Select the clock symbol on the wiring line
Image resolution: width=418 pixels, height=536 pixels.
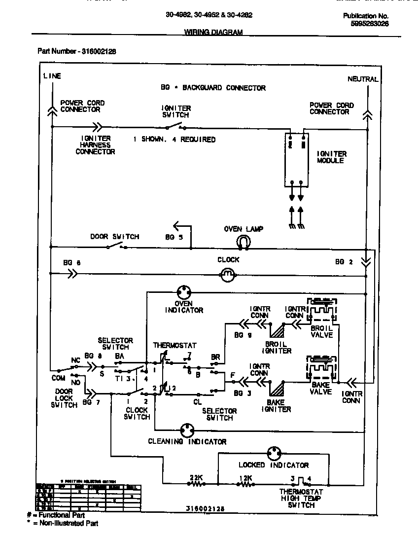(227, 276)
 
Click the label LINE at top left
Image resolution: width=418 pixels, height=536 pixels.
(52, 76)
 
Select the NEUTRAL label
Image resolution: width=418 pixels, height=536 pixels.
(363, 79)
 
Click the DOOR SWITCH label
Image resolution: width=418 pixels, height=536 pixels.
(114, 237)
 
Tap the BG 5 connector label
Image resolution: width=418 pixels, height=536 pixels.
(174, 237)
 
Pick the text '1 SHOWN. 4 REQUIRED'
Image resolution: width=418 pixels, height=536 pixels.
(174, 140)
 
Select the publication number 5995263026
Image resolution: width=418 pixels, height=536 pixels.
(369, 23)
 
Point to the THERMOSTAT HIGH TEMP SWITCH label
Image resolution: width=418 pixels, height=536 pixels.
(301, 498)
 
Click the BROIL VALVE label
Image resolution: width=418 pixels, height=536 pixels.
(321, 331)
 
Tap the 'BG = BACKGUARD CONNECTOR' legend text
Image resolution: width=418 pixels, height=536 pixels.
(213, 88)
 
